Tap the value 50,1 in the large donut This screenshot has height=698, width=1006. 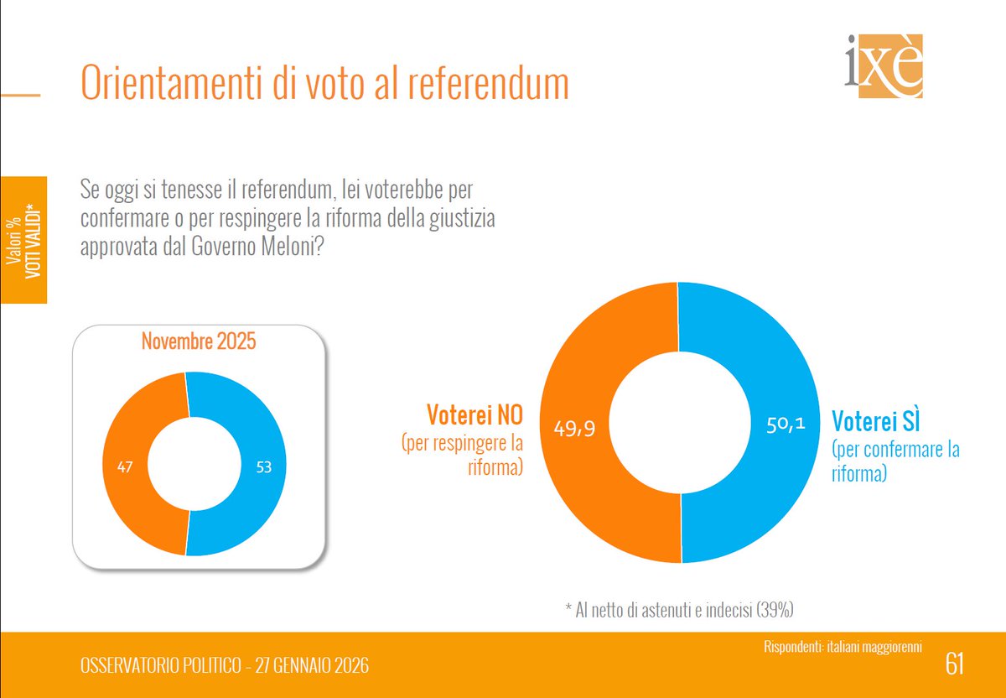[x=786, y=425]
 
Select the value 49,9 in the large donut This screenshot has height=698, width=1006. [x=575, y=429]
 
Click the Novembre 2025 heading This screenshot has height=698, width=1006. [x=198, y=342]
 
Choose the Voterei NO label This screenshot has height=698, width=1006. [x=474, y=414]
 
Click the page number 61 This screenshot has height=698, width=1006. [x=954, y=664]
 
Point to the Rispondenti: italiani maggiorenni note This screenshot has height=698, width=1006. [x=843, y=646]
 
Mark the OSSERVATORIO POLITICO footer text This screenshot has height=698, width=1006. [x=224, y=665]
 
